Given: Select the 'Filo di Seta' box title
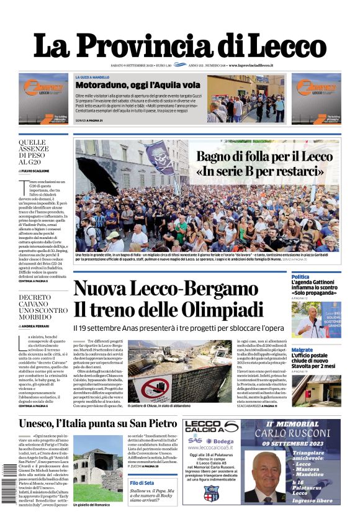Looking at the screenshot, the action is pyautogui.click(x=143, y=483).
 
